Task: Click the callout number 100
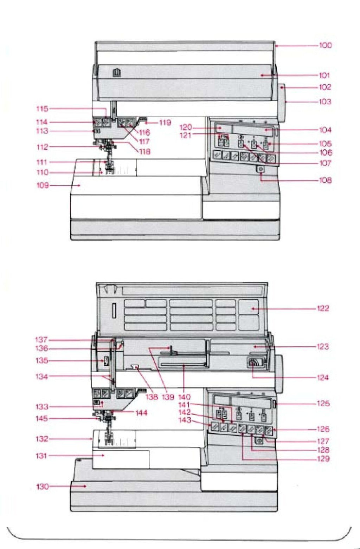[x=325, y=45]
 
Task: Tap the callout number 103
[x=325, y=102]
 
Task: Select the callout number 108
[x=325, y=180]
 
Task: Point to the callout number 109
[x=43, y=185]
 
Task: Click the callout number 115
[x=42, y=109]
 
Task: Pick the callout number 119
[x=165, y=123]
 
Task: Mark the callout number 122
[x=323, y=308]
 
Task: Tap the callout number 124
[x=323, y=378]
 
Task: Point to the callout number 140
[x=184, y=397]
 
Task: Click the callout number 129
[x=323, y=458]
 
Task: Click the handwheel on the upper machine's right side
[x=282, y=101]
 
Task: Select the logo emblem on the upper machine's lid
[x=117, y=73]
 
